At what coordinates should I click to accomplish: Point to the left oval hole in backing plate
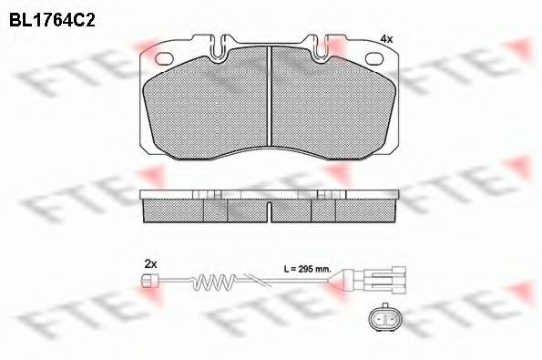click(x=167, y=59)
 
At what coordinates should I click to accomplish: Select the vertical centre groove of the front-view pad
click(x=271, y=96)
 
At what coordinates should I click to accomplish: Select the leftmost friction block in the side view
click(x=173, y=211)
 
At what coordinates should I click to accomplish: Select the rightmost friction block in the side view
click(x=368, y=211)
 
